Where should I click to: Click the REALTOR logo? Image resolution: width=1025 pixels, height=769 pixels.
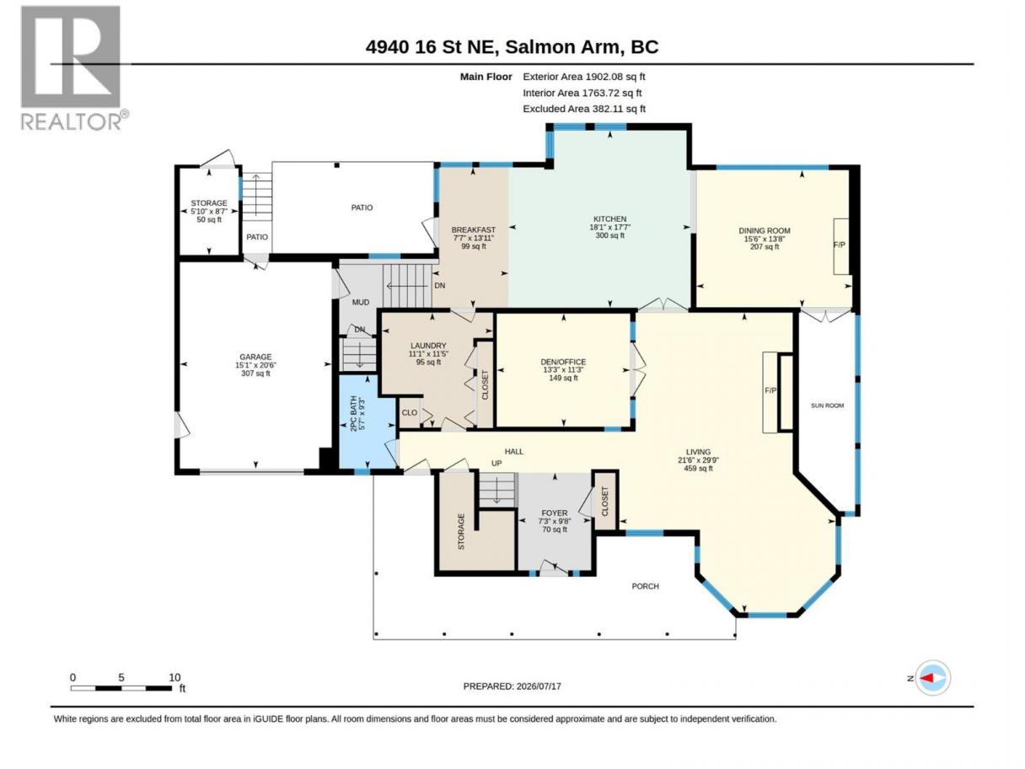pos(74,67)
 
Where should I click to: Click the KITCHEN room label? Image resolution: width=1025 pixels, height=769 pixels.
pos(610,219)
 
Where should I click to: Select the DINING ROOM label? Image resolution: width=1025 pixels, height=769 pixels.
pos(765,231)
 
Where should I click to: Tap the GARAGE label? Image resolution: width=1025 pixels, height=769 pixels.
pos(255,358)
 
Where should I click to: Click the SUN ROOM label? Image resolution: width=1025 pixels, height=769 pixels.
pos(827,406)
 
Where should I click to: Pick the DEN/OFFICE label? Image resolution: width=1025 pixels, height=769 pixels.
pos(563,362)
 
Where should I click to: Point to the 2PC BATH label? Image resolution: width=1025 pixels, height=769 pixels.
pos(353,414)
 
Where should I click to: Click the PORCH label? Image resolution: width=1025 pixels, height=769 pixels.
pos(646,586)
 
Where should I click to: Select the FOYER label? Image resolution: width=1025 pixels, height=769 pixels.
pos(555,514)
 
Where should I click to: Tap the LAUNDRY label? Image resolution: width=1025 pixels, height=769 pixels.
pos(428,346)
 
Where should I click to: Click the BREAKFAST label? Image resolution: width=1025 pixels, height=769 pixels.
pos(474,229)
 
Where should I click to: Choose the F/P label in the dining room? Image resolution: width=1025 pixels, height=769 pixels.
pos(840,245)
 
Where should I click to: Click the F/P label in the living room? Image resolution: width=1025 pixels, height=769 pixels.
pos(770,390)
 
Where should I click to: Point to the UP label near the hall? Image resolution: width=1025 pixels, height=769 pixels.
pos(496,463)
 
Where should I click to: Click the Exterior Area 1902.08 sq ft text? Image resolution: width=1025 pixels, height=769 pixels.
pos(584,77)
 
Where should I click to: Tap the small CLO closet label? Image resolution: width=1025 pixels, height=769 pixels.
pos(410,413)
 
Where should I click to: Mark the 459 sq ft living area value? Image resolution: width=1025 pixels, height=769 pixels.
pos(698,468)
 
